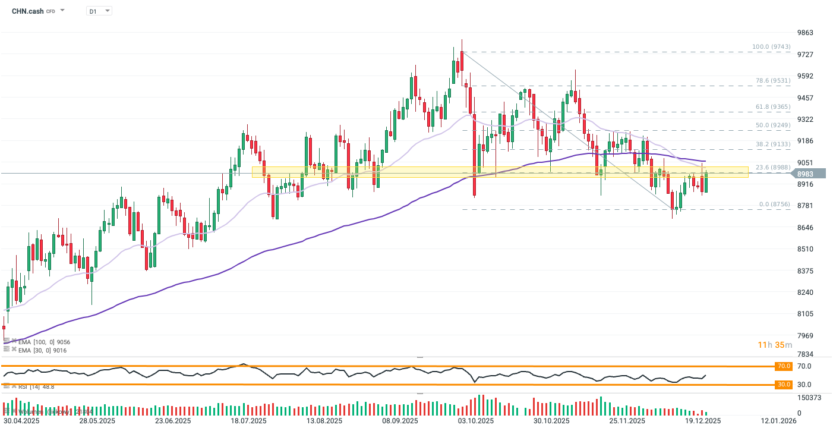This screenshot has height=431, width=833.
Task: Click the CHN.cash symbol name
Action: tap(27, 11)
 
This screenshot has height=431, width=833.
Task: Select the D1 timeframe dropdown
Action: tap(99, 11)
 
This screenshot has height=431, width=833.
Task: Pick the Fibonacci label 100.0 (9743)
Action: tap(771, 46)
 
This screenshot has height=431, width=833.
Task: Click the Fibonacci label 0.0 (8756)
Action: tap(774, 205)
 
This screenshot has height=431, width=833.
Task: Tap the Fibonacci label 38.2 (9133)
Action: tap(772, 144)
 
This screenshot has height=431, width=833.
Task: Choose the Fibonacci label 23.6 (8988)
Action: tap(772, 168)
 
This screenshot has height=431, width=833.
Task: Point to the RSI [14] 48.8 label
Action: tap(36, 386)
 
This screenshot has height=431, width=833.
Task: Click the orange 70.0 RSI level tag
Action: tap(784, 366)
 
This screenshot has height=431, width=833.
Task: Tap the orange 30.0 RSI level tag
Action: tap(784, 385)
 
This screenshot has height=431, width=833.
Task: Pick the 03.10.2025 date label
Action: tap(476, 421)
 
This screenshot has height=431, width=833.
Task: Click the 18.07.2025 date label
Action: tap(248, 421)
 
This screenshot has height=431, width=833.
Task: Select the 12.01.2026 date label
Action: tap(780, 421)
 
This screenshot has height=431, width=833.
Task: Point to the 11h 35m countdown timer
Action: tap(775, 345)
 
